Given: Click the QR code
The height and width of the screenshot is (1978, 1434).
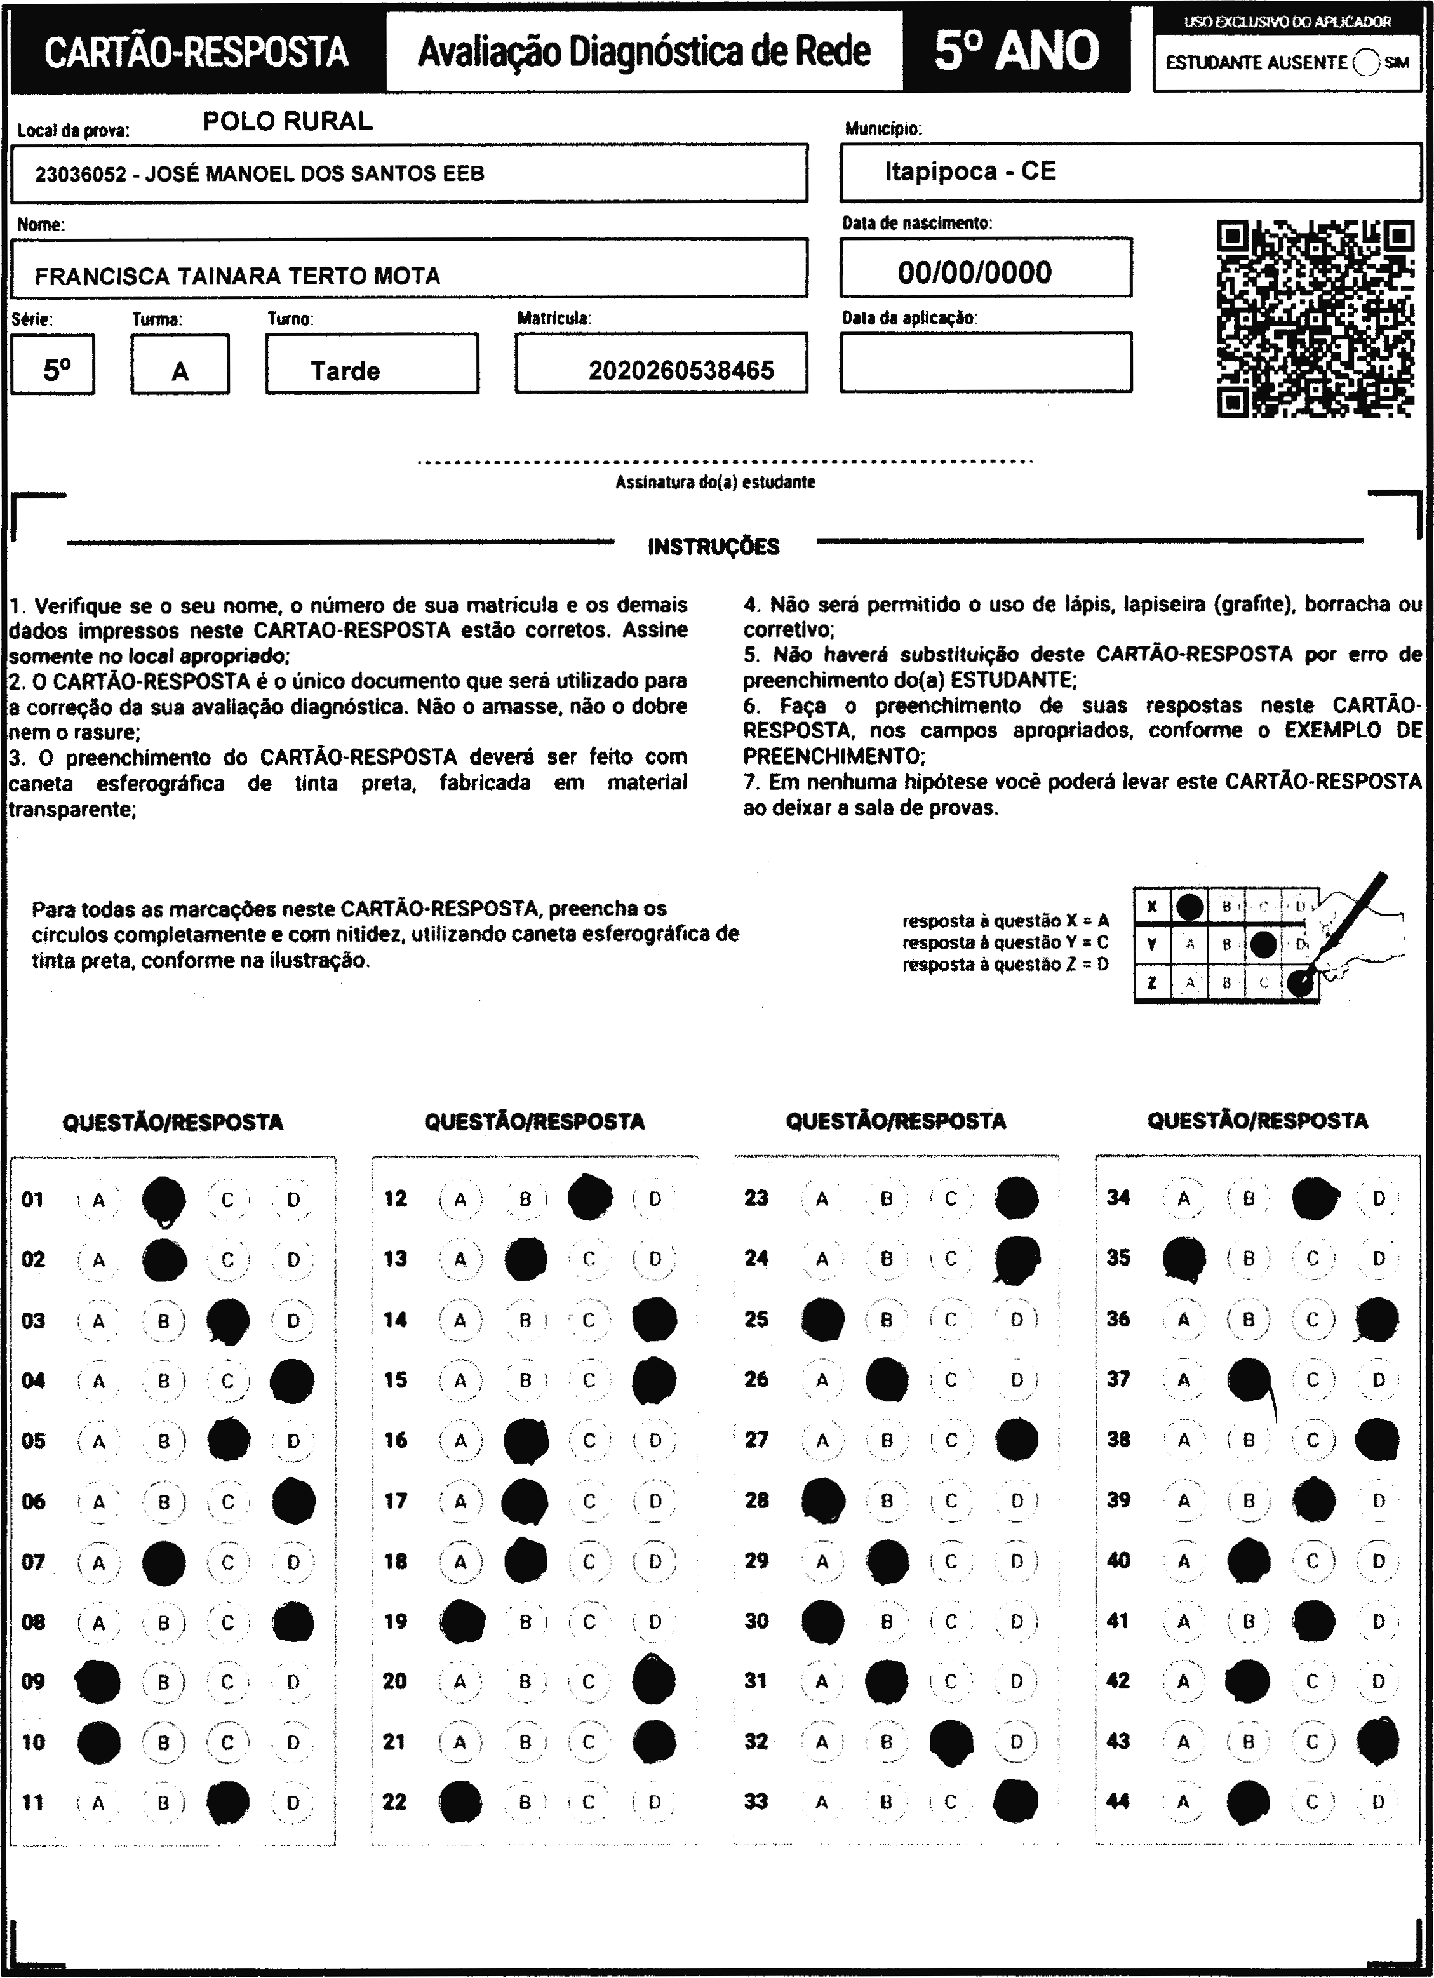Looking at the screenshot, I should pyautogui.click(x=1315, y=319).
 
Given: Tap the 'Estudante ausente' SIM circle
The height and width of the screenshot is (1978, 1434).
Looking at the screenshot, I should pyautogui.click(x=1366, y=63).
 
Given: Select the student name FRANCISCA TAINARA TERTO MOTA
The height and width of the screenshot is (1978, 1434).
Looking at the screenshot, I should pyautogui.click(x=238, y=276).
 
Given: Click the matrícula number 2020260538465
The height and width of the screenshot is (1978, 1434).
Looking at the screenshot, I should pyautogui.click(x=681, y=371).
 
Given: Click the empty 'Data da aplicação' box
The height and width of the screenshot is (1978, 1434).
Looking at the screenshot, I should pyautogui.click(x=986, y=362).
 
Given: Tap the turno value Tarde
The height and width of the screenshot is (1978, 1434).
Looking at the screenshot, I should pyautogui.click(x=345, y=371).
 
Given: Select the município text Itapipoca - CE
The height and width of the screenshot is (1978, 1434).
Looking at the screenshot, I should pyautogui.click(x=970, y=171).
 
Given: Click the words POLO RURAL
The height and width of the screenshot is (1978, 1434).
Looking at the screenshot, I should pyautogui.click(x=288, y=121).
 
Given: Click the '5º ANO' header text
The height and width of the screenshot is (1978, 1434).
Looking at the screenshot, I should pyautogui.click(x=1016, y=51).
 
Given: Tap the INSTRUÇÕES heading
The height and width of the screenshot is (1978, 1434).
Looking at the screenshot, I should pyautogui.click(x=714, y=547).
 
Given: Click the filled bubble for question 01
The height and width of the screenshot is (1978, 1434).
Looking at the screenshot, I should pyautogui.click(x=164, y=1199).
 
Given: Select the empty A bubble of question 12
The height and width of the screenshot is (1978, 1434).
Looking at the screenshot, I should pyautogui.click(x=460, y=1199).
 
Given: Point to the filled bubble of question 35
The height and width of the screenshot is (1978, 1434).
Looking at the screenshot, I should pyautogui.click(x=1184, y=1259).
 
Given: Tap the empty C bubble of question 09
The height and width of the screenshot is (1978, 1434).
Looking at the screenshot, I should pyautogui.click(x=227, y=1681).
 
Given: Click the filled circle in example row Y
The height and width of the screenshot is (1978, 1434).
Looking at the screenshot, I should pyautogui.click(x=1263, y=944).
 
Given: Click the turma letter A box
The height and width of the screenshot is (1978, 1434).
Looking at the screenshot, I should pyautogui.click(x=180, y=364).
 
